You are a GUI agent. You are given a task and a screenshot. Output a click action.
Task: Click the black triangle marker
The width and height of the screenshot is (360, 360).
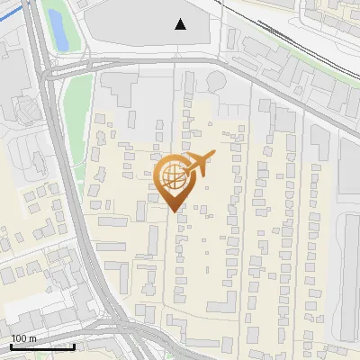tap(181, 24)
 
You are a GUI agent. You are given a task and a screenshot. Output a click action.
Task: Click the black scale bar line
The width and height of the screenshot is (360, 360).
tap(42, 346)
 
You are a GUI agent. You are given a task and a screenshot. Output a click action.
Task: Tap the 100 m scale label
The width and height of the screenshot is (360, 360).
tap(24, 338)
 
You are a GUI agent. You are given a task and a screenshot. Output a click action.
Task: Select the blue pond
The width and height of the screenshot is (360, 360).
tap(57, 29)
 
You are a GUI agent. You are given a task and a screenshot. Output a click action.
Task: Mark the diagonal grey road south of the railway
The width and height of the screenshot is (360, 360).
tap(297, 99)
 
